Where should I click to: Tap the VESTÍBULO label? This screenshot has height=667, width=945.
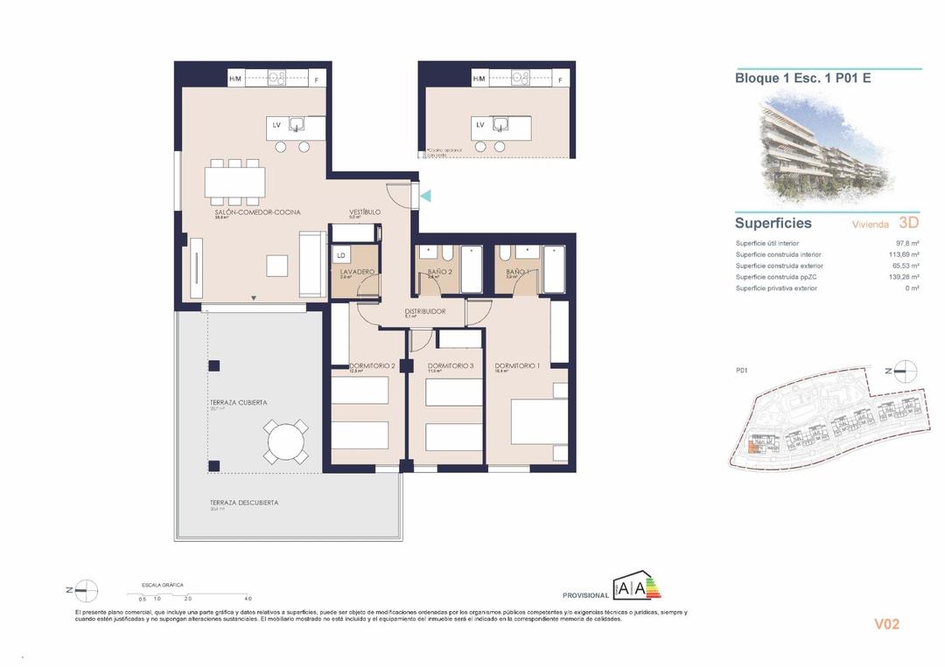point(364,212)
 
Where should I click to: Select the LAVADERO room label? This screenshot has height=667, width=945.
point(357,272)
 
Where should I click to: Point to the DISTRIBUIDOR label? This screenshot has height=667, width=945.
point(425,311)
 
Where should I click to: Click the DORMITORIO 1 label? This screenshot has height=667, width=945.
point(517,365)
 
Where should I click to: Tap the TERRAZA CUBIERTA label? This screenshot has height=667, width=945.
point(238,402)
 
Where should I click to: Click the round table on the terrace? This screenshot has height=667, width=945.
point(288,441)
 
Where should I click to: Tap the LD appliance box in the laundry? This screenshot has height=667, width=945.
point(341,255)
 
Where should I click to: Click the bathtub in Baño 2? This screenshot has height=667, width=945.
point(470,270)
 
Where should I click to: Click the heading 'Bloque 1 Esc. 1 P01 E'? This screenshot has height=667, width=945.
point(802,78)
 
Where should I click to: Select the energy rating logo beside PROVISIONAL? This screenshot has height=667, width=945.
point(636,588)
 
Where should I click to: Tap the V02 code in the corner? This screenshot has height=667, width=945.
point(886,624)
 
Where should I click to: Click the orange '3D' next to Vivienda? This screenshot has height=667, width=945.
point(908,223)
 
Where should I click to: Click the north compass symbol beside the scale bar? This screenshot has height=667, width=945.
point(85,591)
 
